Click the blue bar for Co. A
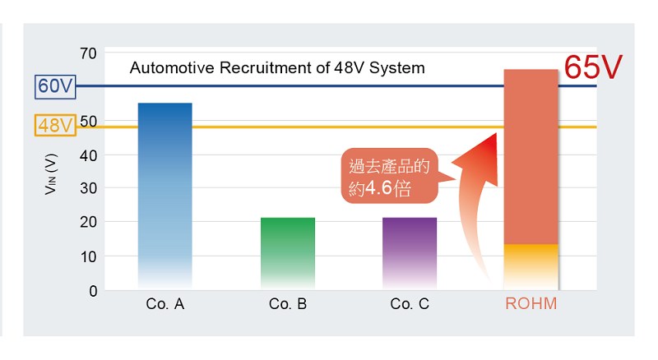[x=165, y=196]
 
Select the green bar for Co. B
[x=288, y=253]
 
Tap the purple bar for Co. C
[x=410, y=253]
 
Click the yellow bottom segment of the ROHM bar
[x=531, y=266]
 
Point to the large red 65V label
[x=593, y=67]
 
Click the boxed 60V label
[x=55, y=86]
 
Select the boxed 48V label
[x=55, y=125]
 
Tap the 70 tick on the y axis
[x=89, y=53]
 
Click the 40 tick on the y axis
[x=89, y=155]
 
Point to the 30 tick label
[x=89, y=188]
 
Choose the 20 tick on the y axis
[x=89, y=222]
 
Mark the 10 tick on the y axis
[x=89, y=256]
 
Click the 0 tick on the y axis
[x=93, y=291]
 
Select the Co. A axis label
[x=165, y=304]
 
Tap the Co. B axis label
[x=288, y=304]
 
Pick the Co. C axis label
[x=410, y=304]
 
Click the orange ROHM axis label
[x=531, y=303]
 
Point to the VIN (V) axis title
[x=51, y=174]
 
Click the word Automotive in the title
[x=173, y=67]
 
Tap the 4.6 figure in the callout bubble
[x=378, y=188]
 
